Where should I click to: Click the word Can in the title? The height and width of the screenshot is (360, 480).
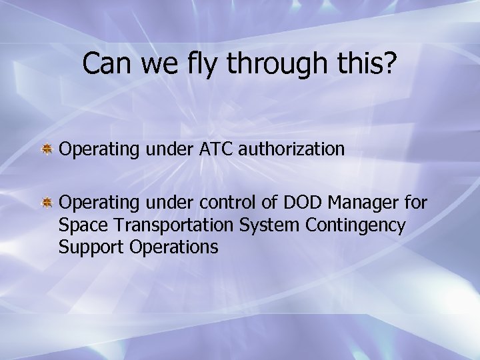[105, 64]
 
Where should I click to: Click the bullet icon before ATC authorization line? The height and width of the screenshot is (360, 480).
[48, 149]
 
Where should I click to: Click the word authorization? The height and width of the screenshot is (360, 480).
[291, 149]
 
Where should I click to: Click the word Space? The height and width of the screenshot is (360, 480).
[79, 226]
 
